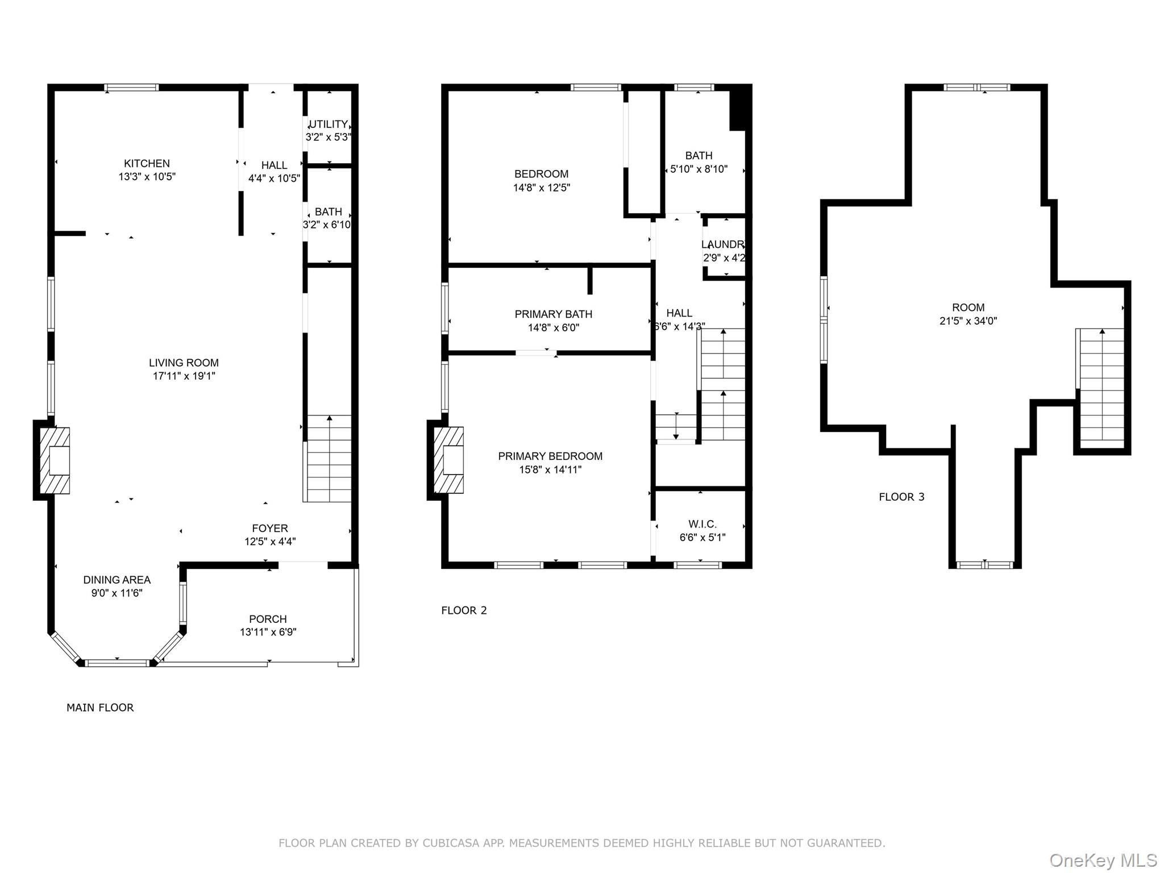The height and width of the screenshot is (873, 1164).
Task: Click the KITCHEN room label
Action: pos(147,164)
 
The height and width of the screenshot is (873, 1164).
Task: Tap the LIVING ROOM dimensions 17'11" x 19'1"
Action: pos(184,376)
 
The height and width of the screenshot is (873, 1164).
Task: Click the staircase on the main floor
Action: pos(329,458)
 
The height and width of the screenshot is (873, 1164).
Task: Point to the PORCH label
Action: pos(268,619)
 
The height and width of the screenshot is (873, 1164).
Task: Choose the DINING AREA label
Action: pos(117,580)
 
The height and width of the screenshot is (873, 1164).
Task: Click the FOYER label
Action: pos(270,528)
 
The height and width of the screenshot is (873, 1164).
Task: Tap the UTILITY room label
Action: pos(329,124)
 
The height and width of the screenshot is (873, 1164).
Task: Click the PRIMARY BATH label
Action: pos(553,314)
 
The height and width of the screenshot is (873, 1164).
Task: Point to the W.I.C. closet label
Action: pos(702,524)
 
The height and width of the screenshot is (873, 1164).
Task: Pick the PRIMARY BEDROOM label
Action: pos(550,456)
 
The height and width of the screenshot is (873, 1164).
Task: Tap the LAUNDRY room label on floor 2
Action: pos(723,244)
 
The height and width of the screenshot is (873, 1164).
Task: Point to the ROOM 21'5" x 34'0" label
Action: pos(968,307)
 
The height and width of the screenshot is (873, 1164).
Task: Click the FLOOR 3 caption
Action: pos(901,497)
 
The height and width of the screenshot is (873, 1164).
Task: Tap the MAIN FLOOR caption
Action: pos(100,708)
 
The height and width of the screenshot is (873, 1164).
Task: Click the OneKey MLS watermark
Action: pos(1103,860)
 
